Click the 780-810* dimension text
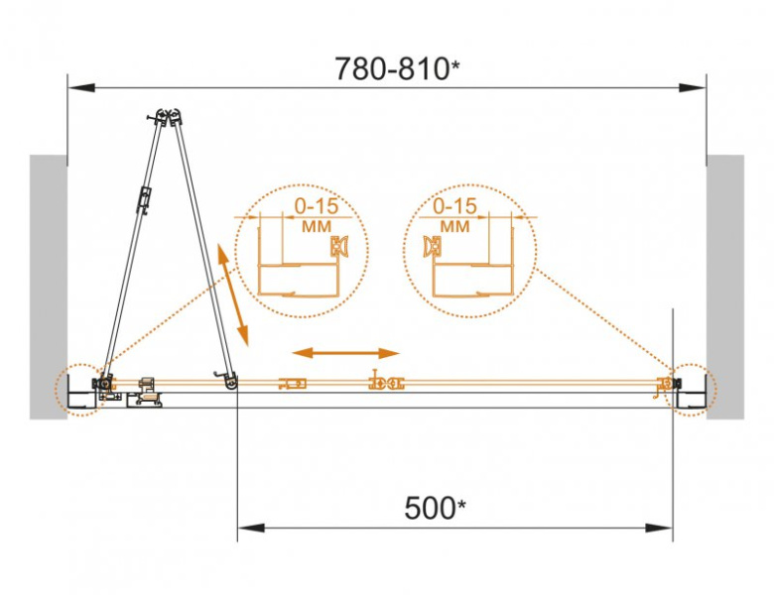pos(397,69)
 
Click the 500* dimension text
pos(435,508)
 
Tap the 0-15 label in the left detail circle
pos(317,206)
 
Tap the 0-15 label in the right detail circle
pos(454,206)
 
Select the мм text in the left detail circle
pos(317,226)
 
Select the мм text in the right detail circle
pos(454,226)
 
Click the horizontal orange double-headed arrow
pos(345,353)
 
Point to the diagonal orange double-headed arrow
pos(232,296)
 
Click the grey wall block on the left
pos(49,288)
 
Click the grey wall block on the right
pos(725,288)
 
